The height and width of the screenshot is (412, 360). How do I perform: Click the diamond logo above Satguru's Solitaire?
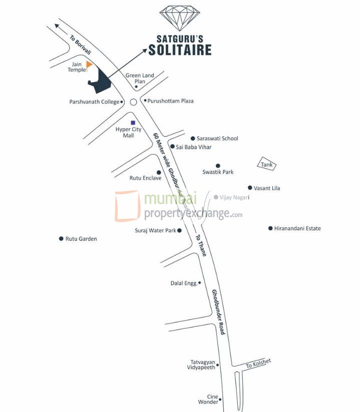tap(179, 18)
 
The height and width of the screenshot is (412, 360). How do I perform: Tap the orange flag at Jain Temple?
tap(89, 65)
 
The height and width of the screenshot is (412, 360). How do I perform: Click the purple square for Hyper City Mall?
tap(133, 123)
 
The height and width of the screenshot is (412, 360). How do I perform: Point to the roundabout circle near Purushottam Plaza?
tap(133, 102)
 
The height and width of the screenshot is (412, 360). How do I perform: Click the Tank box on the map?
tap(267, 164)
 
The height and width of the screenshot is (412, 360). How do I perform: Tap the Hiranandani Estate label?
tap(297, 229)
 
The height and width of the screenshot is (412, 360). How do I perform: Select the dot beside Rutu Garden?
tap(61, 239)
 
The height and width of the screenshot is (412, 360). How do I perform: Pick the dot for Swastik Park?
tap(218, 166)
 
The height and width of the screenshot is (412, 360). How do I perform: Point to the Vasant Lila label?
tap(267, 188)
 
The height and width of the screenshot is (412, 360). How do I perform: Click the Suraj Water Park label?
tap(155, 231)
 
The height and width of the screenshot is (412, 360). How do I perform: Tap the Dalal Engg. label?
tap(183, 283)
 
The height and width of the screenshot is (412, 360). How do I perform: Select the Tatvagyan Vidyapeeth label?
tap(202, 364)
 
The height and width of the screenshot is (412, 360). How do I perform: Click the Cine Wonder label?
tap(209, 399)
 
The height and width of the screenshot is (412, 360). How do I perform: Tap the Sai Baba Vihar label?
tap(194, 147)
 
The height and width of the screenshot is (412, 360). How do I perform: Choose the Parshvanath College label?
tap(94, 102)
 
